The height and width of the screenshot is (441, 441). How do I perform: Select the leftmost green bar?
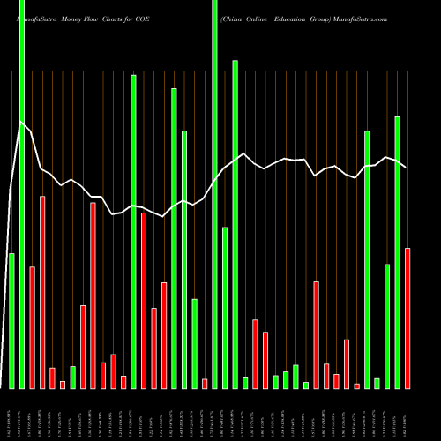[x=11, y=321]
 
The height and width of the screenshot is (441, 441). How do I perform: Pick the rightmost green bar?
[x=398, y=252]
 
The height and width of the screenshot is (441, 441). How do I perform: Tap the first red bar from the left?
[x=32, y=327]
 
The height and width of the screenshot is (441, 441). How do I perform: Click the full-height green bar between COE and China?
[x=214, y=194]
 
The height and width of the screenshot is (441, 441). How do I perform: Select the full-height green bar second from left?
[x=22, y=194]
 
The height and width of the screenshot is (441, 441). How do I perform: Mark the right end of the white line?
[x=406, y=168]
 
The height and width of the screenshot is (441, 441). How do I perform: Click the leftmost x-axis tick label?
[x=11, y=415]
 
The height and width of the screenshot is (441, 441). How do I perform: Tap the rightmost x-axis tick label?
[x=407, y=415]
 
